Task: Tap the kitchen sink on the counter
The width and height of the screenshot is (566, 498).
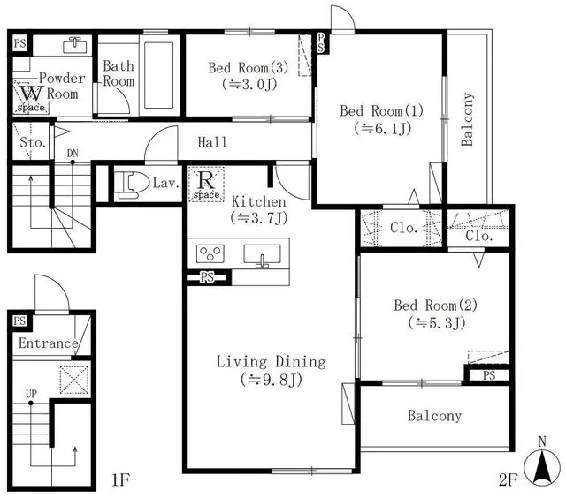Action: [262, 255]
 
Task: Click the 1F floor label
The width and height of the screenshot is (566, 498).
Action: [120, 480]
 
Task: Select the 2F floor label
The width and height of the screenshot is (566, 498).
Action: [508, 480]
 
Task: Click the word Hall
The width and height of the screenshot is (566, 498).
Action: [212, 142]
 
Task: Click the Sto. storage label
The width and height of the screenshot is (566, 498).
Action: [32, 141]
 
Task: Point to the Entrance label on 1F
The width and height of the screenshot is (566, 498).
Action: [49, 343]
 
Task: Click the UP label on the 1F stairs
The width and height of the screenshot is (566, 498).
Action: [31, 392]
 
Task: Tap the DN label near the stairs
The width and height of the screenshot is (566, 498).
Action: [73, 153]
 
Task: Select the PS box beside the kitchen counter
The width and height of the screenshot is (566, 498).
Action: [208, 277]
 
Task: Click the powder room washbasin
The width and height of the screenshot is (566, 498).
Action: [74, 43]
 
